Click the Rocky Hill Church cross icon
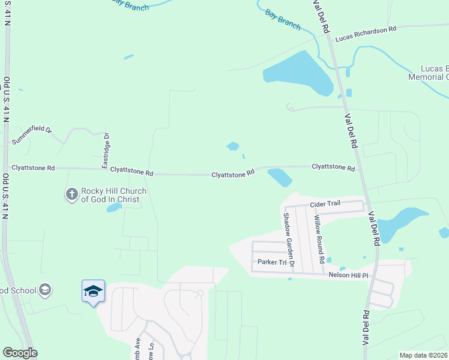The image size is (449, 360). click(x=71, y=194)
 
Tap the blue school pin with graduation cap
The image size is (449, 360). click(x=93, y=292)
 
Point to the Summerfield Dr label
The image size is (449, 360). click(x=32, y=136)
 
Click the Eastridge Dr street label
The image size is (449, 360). click(x=106, y=150)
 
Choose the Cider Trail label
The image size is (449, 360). click(x=325, y=204)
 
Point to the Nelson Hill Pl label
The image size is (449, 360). click(x=352, y=275)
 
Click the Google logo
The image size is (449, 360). click(x=20, y=353)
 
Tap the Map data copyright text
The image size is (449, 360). click(x=423, y=355)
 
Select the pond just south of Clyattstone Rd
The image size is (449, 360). click(x=280, y=177)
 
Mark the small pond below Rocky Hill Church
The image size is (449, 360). click(x=113, y=208)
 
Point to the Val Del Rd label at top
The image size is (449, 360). click(x=321, y=15)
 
